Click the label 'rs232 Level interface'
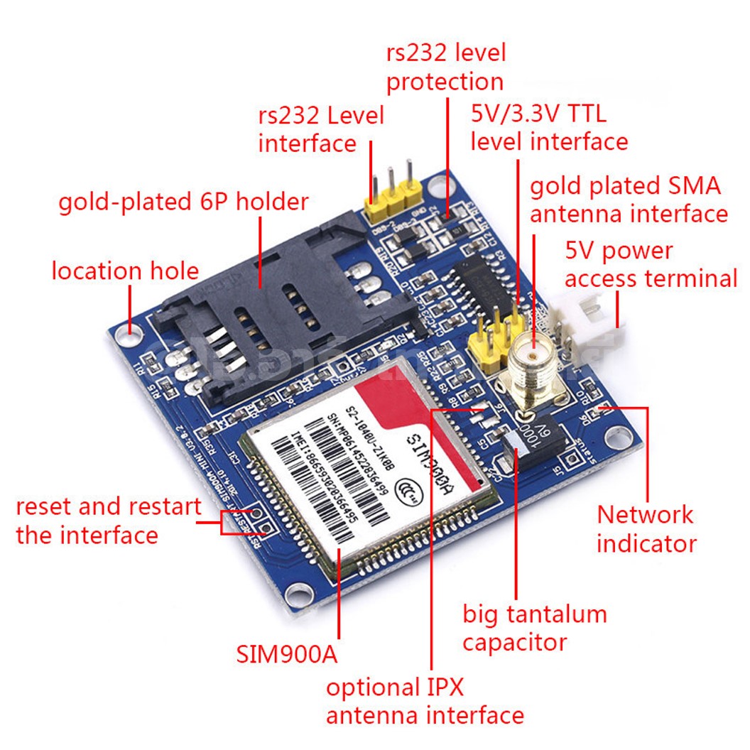[x=320, y=129]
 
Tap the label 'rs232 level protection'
[x=445, y=67]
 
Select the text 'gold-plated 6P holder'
[x=183, y=202]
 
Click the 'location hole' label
[x=125, y=271]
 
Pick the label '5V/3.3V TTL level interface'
[x=549, y=128]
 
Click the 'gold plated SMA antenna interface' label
[x=629, y=200]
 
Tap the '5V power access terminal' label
[x=651, y=264]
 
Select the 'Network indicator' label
[x=646, y=528]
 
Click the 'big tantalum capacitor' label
[x=535, y=628]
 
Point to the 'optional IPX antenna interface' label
[x=425, y=701]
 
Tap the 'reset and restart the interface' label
[x=108, y=521]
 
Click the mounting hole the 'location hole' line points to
[x=130, y=332]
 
